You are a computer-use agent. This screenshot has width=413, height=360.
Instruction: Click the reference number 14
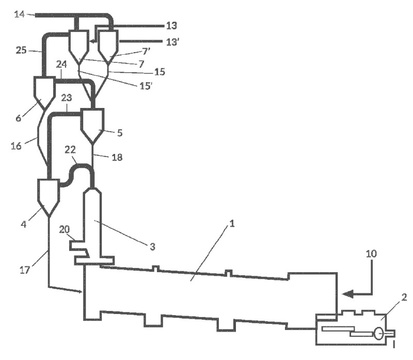(x=19, y=14)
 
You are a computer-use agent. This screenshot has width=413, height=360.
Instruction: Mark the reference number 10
(x=371, y=254)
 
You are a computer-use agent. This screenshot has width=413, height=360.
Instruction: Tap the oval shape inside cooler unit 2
(x=379, y=334)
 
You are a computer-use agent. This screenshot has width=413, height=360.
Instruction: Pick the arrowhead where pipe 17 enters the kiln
(x=80, y=293)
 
